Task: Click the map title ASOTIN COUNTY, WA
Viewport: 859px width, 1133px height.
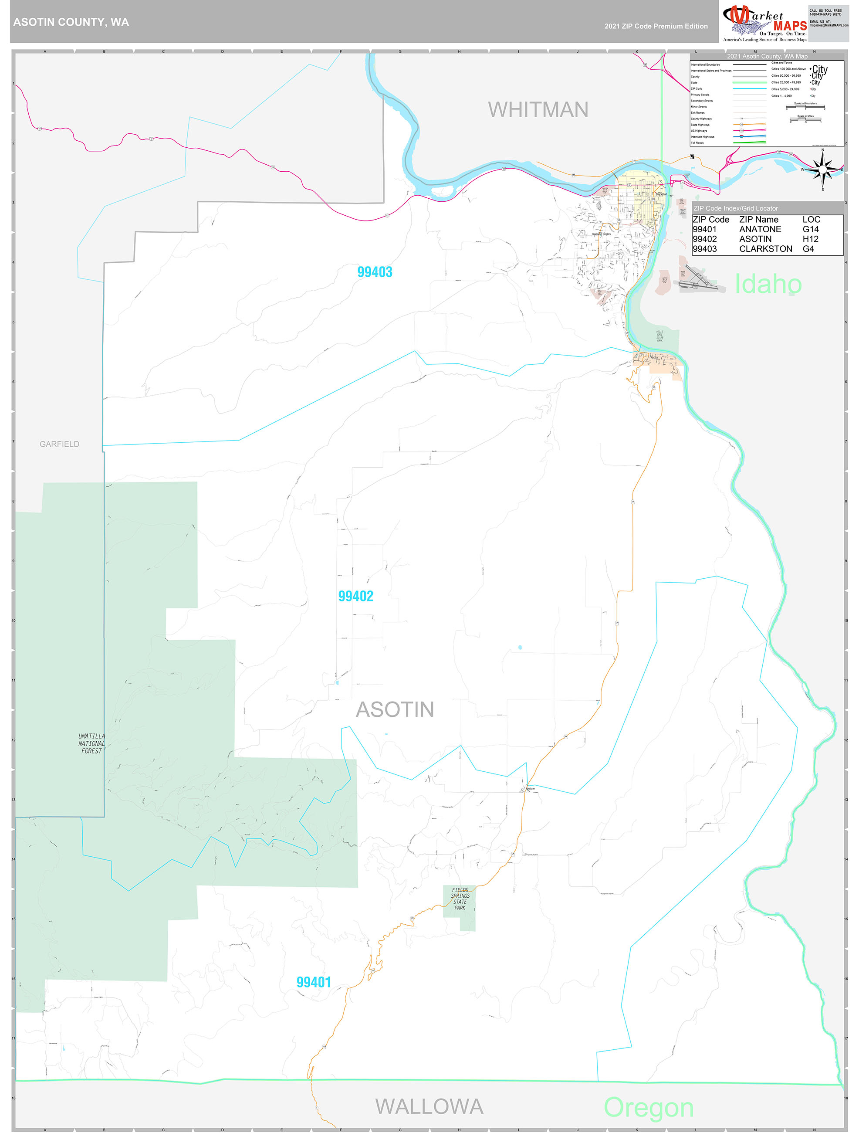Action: click(71, 22)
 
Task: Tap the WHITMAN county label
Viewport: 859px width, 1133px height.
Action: click(538, 110)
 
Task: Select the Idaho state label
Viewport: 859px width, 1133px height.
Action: click(768, 284)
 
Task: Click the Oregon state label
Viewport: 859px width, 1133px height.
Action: click(648, 1107)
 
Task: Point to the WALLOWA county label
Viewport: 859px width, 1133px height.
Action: click(429, 1106)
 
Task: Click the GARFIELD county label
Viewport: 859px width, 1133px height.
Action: click(59, 444)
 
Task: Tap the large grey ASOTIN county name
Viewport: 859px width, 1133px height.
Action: click(395, 709)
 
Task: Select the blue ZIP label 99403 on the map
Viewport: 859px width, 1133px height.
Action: click(375, 272)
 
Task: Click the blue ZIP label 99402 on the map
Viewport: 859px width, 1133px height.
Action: click(355, 596)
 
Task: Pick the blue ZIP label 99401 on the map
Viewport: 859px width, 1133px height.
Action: click(314, 982)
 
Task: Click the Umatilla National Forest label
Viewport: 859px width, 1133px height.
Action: click(91, 743)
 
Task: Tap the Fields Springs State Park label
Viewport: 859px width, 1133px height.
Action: click(460, 899)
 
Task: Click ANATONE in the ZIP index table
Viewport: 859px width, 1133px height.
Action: click(760, 229)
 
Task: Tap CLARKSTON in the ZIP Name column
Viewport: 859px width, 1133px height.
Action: click(765, 248)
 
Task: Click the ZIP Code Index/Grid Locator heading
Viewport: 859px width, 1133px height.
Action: click(735, 208)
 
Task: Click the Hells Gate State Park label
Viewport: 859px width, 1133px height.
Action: click(660, 336)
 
